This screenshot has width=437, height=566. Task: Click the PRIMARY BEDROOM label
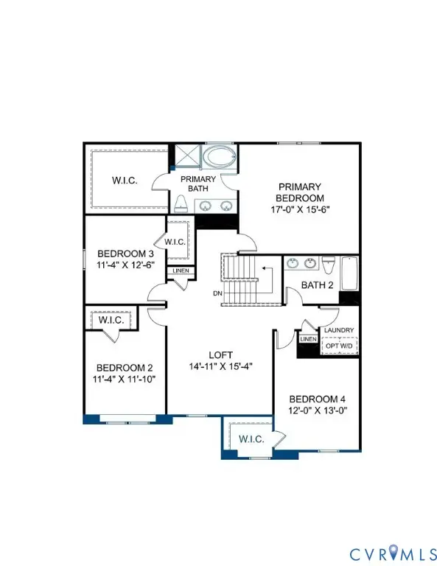pyautogui.click(x=299, y=192)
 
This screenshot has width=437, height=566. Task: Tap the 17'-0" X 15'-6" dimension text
pyautogui.click(x=299, y=209)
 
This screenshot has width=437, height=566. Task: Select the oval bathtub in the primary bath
pyautogui.click(x=219, y=158)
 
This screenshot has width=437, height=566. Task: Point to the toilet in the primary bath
pyautogui.click(x=181, y=203)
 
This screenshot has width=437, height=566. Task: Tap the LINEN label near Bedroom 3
pyautogui.click(x=181, y=271)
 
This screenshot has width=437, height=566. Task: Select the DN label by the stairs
pyautogui.click(x=217, y=293)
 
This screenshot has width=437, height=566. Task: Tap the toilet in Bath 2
pyautogui.click(x=329, y=265)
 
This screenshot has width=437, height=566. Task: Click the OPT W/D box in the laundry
pyautogui.click(x=340, y=345)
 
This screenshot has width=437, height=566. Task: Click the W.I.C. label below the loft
pyautogui.click(x=248, y=440)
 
